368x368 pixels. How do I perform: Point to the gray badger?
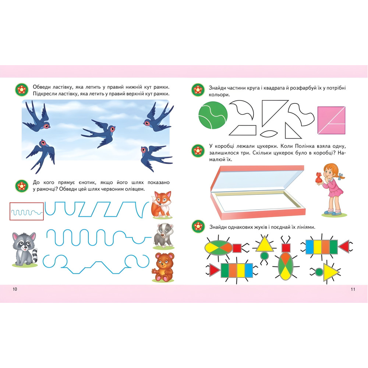[163, 236]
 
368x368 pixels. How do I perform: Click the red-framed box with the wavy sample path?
[26, 211]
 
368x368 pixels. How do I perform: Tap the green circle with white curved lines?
[213, 115]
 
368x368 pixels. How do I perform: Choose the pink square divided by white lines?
[332, 120]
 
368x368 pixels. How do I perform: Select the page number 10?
[15, 289]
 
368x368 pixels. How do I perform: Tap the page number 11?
[353, 289]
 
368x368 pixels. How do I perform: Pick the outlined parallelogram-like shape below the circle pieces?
[243, 130]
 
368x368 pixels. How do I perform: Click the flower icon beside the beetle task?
[198, 226]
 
